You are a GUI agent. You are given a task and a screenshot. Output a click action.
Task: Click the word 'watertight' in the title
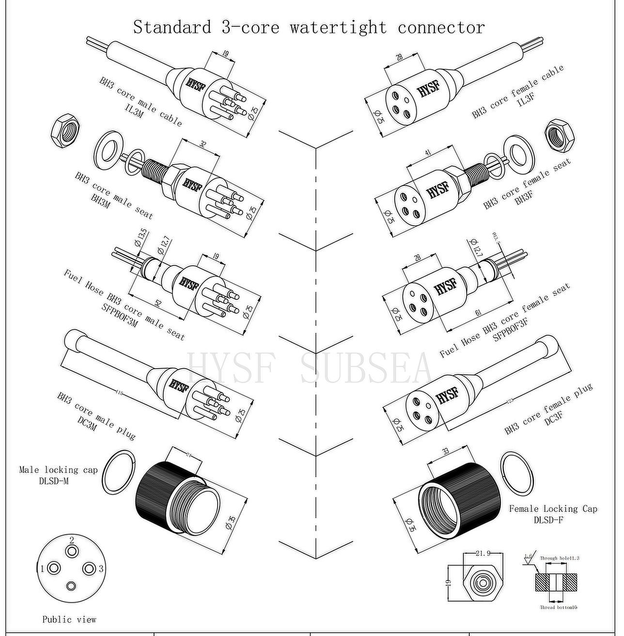[x=338, y=27]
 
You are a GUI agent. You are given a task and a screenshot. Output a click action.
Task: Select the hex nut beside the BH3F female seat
[x=559, y=133]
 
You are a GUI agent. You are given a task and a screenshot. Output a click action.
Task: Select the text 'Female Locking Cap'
[x=553, y=509]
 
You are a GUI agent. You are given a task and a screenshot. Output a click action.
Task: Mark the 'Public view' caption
[x=69, y=620]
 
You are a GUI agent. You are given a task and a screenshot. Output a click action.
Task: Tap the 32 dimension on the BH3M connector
[x=203, y=144]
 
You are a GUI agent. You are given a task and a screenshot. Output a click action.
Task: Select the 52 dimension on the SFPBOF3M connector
[x=158, y=303]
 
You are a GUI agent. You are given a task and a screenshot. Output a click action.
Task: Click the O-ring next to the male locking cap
[x=119, y=471]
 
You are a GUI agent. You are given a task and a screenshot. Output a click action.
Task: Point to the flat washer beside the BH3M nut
[x=107, y=150]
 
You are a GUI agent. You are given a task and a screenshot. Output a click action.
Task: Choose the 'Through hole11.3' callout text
[x=560, y=558]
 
